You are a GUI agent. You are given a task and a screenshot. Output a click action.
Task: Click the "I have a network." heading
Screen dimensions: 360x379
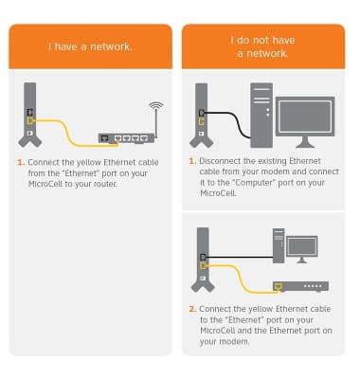coord(90,46)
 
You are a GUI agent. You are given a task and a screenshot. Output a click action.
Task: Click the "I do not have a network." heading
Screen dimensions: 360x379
coord(262,46)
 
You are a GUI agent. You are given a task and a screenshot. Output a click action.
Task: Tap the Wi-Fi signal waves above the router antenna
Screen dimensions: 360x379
coord(156,106)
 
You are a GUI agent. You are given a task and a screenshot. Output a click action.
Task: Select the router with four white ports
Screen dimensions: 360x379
coord(126,138)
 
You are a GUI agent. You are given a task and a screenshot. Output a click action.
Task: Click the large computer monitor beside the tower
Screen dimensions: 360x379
coord(305,122)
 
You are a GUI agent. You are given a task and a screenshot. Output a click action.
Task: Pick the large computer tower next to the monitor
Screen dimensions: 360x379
coord(261,116)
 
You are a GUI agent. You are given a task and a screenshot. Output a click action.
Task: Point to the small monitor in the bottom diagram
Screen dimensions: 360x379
coord(301,249)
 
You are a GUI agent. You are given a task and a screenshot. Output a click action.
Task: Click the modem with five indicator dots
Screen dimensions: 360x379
coord(300,286)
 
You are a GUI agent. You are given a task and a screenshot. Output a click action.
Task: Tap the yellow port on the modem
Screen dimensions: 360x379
coord(278,286)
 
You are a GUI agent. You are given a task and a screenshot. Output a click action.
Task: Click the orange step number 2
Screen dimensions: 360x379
coord(192,309)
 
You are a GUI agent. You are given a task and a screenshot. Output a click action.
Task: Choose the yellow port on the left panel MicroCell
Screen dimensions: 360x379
coord(29,121)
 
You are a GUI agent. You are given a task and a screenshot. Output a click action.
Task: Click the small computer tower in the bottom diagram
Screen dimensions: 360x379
coord(279,245)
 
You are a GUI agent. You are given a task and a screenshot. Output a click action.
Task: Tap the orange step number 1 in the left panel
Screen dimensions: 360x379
coord(21,163)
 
